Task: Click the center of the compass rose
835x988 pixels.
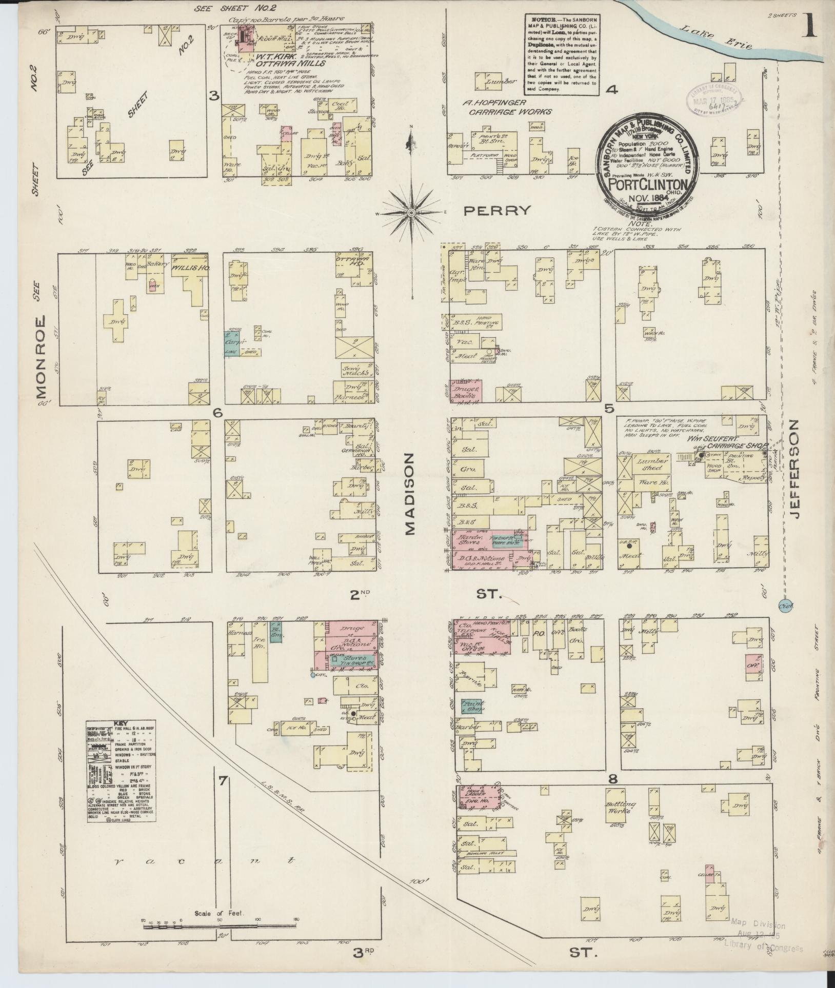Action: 411,212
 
